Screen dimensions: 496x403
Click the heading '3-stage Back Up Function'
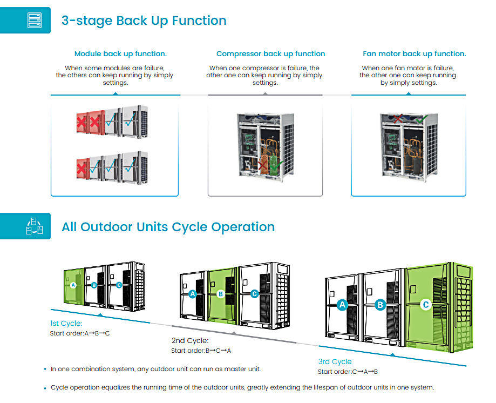pos(144,21)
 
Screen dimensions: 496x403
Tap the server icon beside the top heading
pos(35,21)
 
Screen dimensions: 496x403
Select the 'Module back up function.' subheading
pos(120,54)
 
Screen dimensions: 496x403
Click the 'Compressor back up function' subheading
pos(271,54)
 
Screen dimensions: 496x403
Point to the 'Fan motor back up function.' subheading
pos(415,54)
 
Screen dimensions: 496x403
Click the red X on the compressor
pos(262,165)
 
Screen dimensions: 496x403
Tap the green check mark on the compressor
pos(277,165)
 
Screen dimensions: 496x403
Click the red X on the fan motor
pos(398,119)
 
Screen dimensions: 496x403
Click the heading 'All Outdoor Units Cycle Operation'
pos(168,227)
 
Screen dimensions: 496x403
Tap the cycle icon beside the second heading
pos(34,226)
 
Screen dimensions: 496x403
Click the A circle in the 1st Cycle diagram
pos(73,285)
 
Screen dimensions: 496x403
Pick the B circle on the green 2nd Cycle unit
pos(221,294)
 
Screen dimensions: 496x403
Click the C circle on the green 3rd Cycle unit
pos(426,305)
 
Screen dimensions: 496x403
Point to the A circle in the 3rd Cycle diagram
pos(342,305)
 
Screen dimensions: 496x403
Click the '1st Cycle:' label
pos(66,323)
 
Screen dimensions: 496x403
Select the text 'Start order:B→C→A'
pos(201,351)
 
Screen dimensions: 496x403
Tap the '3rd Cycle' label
pos(335,361)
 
